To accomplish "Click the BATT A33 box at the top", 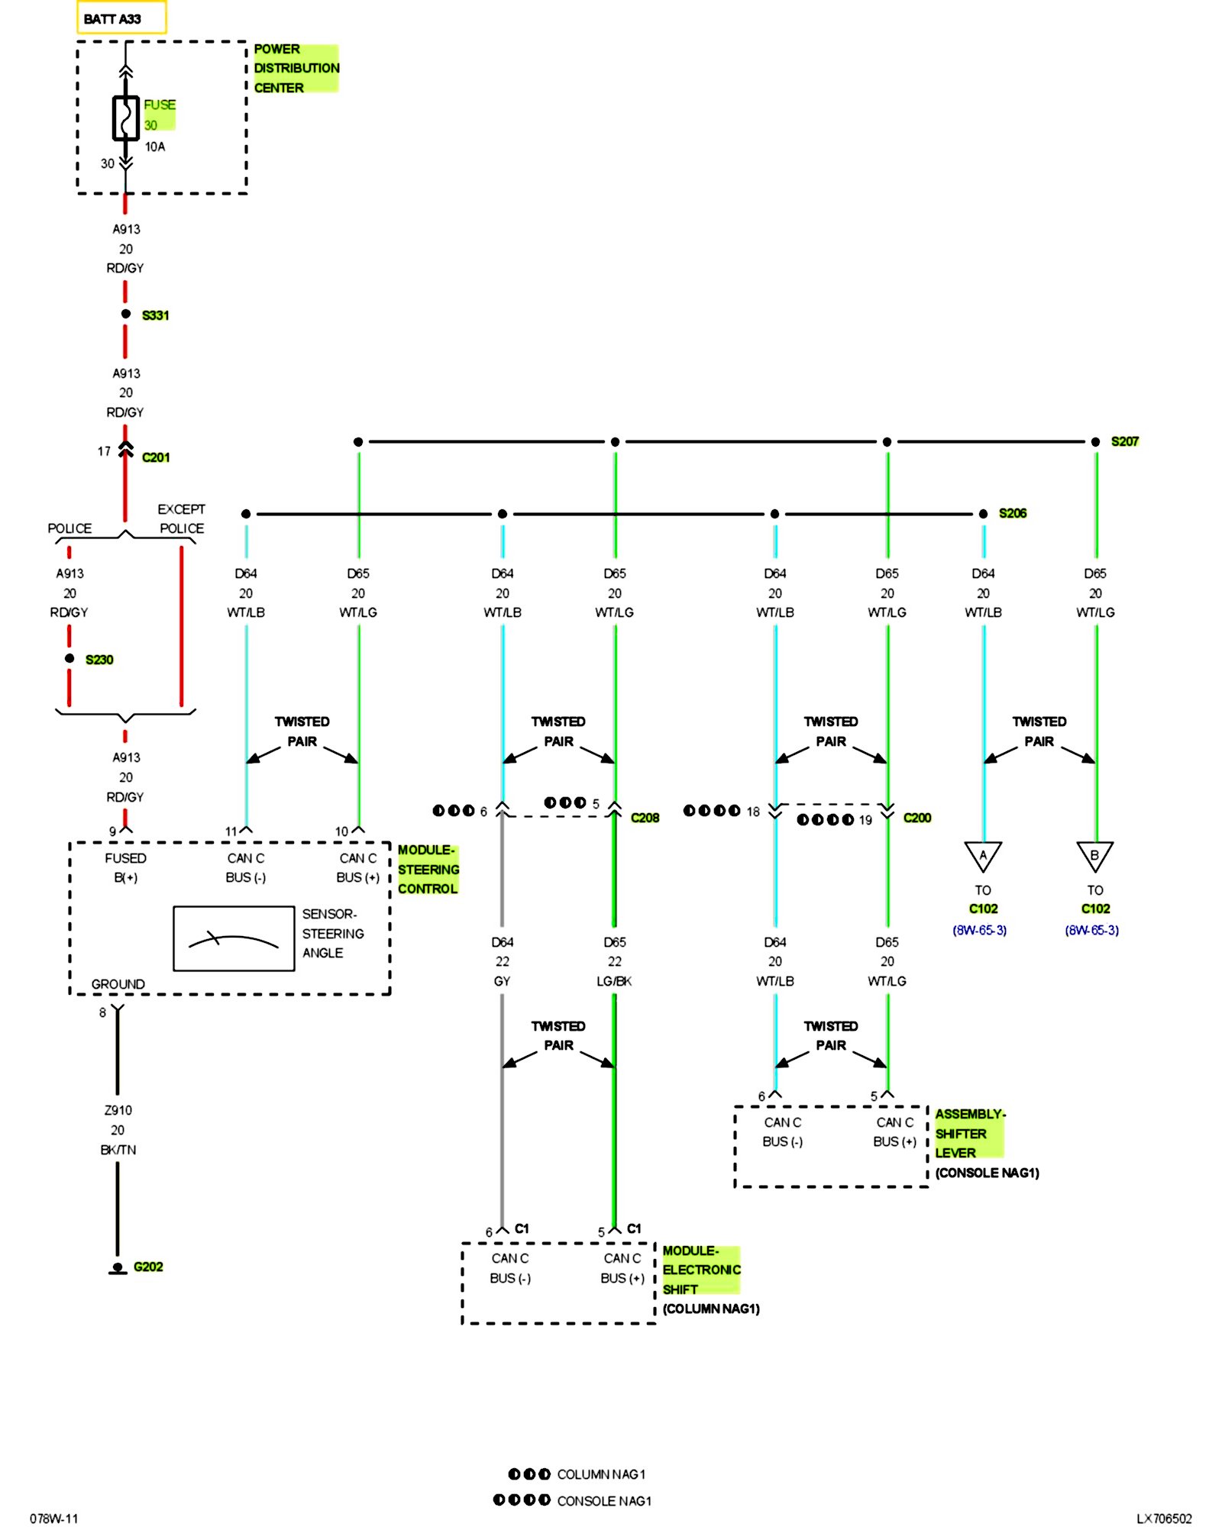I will point(121,18).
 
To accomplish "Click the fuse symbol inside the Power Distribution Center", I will point(126,118).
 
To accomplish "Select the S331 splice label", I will point(155,315).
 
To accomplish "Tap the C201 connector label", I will point(156,457).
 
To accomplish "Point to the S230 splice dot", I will point(70,658).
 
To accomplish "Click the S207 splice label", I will point(1124,441).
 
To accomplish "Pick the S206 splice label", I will point(1012,513).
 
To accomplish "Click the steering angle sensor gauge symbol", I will point(234,938).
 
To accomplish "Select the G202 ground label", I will point(148,1267).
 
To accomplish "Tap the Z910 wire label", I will point(118,1110).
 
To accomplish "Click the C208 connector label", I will point(645,818).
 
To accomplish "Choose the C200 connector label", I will point(916,818).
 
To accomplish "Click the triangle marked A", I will point(983,855).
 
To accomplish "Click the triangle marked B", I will point(1094,855).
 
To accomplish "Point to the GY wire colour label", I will point(502,981).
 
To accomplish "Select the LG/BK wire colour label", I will point(614,981).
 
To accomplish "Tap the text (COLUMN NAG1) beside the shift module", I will point(711,1309).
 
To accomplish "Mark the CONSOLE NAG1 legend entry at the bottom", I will point(603,1500).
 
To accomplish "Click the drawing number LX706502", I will point(1163,1519).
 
